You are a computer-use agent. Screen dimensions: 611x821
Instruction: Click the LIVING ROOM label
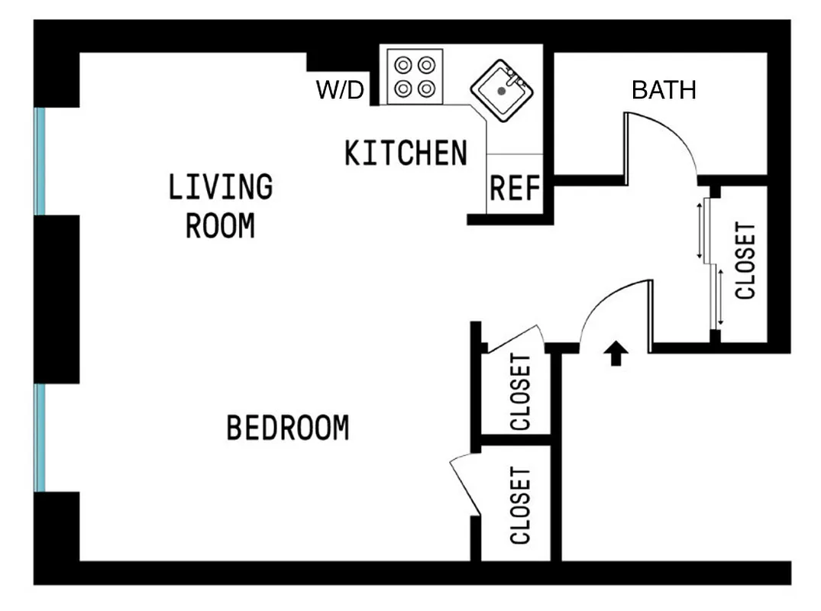click(x=220, y=206)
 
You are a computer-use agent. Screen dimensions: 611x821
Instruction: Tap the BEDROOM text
click(x=287, y=428)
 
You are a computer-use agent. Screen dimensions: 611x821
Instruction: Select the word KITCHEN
click(x=405, y=154)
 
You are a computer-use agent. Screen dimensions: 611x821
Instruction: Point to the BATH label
click(x=664, y=90)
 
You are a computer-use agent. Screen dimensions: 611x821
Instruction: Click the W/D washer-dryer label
click(x=341, y=91)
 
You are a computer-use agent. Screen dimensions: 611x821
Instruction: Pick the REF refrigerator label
click(x=515, y=188)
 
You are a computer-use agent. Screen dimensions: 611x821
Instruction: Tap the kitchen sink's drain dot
click(x=501, y=90)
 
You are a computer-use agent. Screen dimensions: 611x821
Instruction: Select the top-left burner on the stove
click(x=403, y=64)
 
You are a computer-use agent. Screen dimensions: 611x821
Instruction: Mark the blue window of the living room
click(x=40, y=161)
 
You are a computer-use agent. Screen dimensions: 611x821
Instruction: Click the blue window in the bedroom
click(x=40, y=438)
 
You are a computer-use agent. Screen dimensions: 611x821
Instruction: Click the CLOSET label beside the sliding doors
click(x=744, y=261)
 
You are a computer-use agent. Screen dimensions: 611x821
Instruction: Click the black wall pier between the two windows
click(x=57, y=299)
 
